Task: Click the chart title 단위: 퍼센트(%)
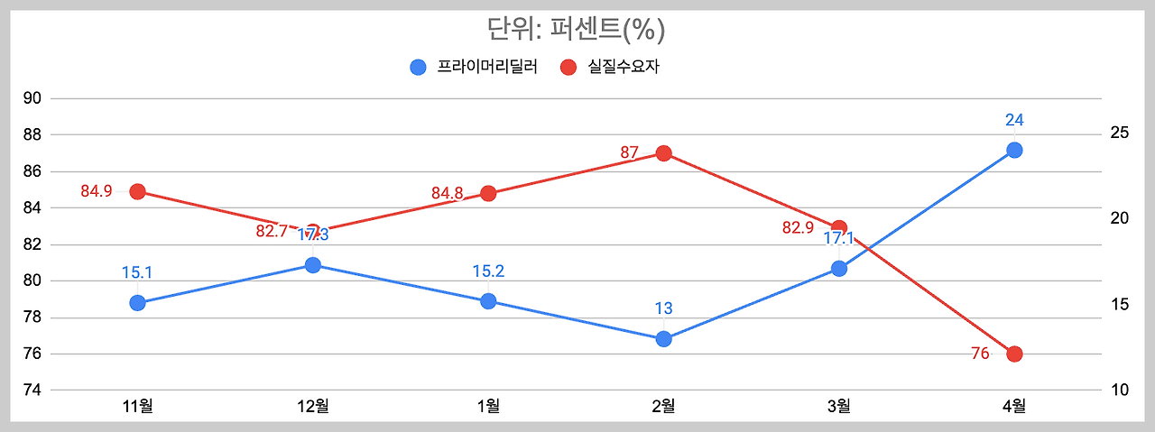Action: [x=577, y=30]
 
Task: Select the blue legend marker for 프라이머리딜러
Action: [x=418, y=67]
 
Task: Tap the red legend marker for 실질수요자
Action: [x=568, y=67]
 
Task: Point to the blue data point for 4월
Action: [x=1014, y=150]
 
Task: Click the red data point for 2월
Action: [x=664, y=153]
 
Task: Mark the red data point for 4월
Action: [x=1014, y=354]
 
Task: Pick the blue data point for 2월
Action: [x=664, y=339]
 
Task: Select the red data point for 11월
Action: [x=137, y=191]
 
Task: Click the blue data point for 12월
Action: [x=313, y=265]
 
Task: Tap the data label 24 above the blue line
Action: [x=1014, y=120]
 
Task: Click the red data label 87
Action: [x=629, y=152]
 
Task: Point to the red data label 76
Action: [x=980, y=354]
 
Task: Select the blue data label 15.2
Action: [x=488, y=271]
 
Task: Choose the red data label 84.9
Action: [x=97, y=191]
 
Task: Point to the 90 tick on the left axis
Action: [x=32, y=98]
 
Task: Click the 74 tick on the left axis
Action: [x=32, y=391]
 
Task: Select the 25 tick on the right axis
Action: [x=1120, y=133]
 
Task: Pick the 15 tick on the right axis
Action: [x=1120, y=305]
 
